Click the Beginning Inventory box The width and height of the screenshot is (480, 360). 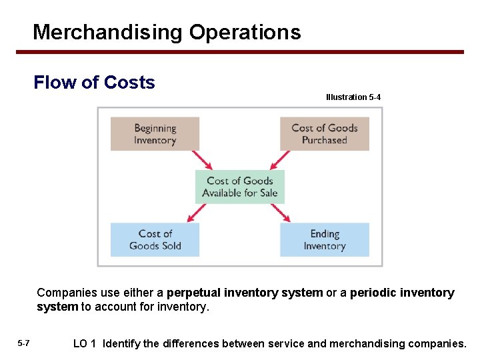tap(155, 133)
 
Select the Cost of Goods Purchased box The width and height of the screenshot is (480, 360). tap(325, 133)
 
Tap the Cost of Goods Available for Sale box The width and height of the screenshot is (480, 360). tap(240, 187)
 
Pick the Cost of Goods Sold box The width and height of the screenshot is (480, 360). tap(155, 239)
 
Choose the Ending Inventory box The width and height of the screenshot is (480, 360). tap(325, 239)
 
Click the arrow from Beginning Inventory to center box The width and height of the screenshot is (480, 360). tap(202, 160)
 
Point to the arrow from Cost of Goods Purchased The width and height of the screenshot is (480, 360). tap(278, 160)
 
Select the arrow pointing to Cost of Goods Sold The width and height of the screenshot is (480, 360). tap(197, 212)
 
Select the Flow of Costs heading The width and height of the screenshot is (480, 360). tap(94, 83)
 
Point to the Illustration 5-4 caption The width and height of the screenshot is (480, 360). tap(353, 97)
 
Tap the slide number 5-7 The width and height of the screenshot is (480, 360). tap(23, 343)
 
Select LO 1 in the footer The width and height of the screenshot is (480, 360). tap(85, 343)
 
